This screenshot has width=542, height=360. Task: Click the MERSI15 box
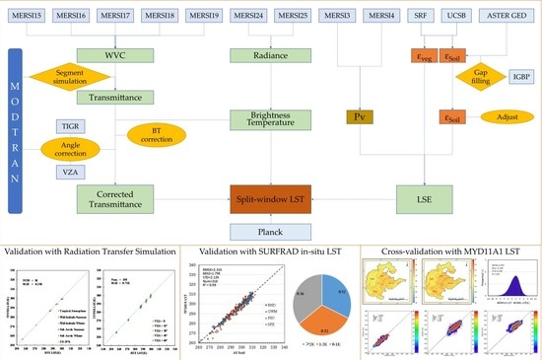[29, 16]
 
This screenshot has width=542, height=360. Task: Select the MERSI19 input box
[198, 16]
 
